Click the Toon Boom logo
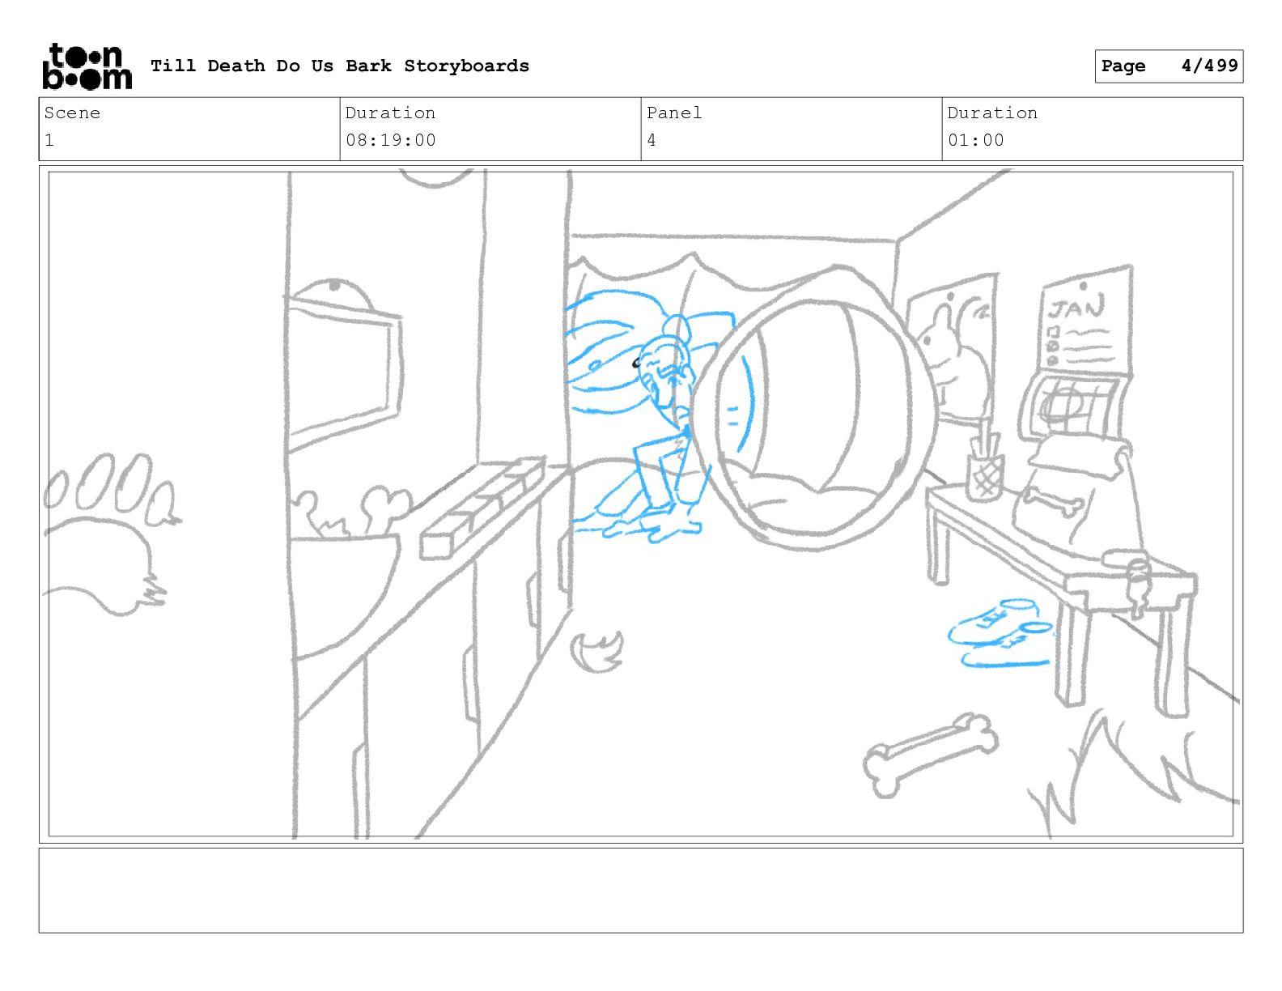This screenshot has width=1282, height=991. point(87,66)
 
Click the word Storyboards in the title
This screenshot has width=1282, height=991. point(466,66)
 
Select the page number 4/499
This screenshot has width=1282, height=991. point(1209,66)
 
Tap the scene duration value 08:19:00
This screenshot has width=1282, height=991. point(391,140)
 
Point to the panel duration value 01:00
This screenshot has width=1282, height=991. point(975,140)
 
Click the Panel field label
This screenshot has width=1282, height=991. point(673,113)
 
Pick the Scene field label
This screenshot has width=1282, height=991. point(72,113)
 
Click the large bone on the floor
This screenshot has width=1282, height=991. point(931,754)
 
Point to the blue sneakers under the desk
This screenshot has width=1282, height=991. point(1001,633)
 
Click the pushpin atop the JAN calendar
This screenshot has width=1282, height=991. point(1083,287)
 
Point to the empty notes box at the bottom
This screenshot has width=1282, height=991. point(641,890)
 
